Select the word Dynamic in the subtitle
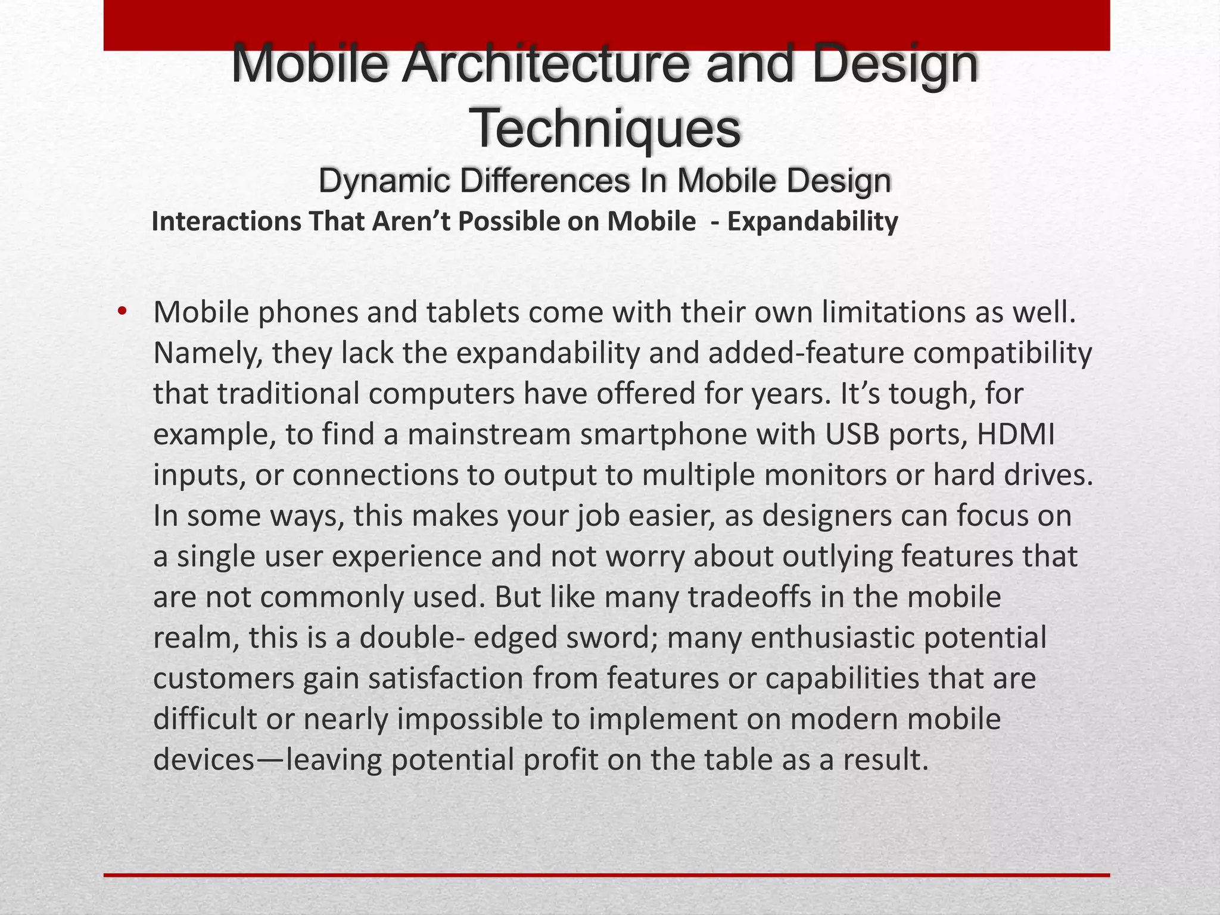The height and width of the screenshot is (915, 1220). pyautogui.click(x=384, y=181)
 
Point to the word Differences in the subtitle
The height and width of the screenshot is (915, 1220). pyautogui.click(x=544, y=181)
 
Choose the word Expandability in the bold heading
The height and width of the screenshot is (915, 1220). pyautogui.click(x=813, y=222)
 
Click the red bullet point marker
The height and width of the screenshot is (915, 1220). pyautogui.click(x=122, y=312)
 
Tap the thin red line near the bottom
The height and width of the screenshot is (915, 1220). pyautogui.click(x=606, y=875)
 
